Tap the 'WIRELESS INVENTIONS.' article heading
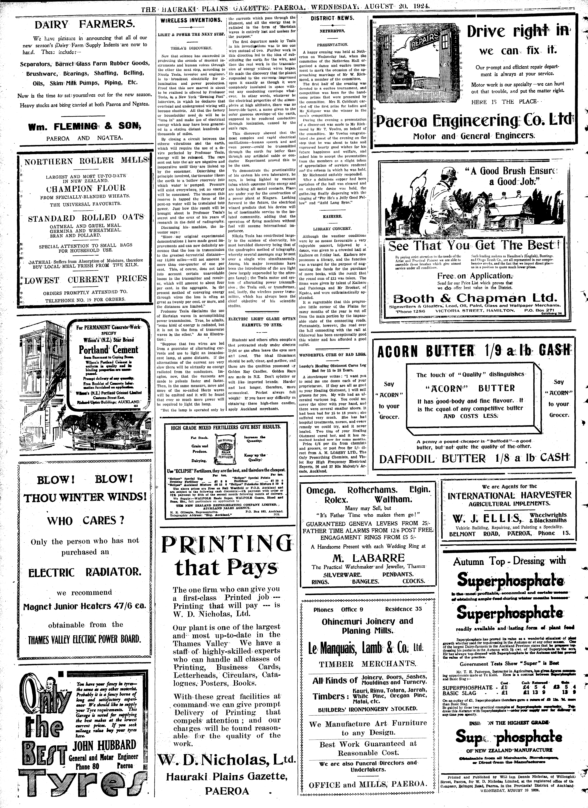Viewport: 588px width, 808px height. pyautogui.click(x=191, y=21)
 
